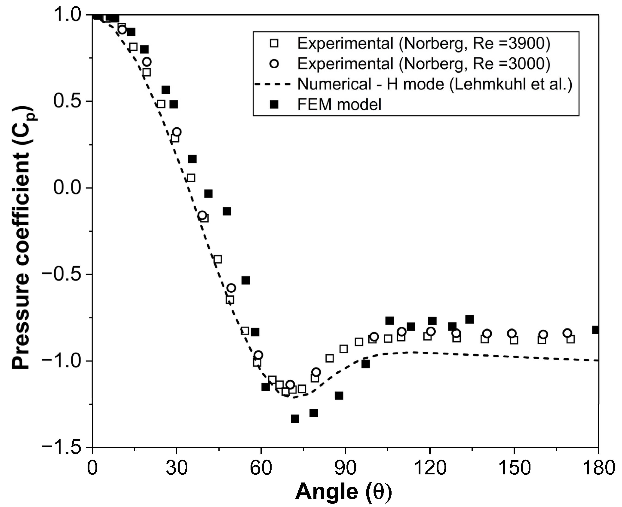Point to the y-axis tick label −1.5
61,447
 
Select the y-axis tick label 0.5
68,101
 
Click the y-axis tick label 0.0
68,188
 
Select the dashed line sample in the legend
273,84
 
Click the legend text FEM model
339,104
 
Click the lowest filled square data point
295,419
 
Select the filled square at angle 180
596,330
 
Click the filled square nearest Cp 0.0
208,194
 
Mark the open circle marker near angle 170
567,333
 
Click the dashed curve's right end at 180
598,360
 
